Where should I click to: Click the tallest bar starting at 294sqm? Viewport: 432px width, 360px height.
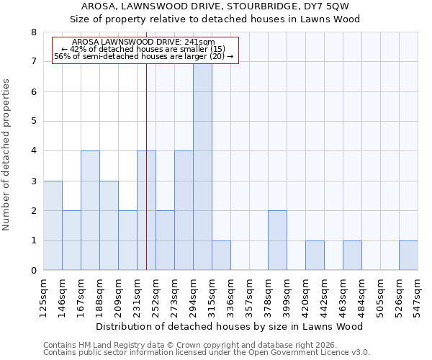[x=202, y=166]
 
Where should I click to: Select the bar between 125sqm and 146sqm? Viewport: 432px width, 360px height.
[x=53, y=225]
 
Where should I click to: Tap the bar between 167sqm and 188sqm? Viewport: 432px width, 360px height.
[x=90, y=210]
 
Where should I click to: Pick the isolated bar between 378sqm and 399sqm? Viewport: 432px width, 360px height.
[x=277, y=240]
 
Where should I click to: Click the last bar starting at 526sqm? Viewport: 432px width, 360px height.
[x=408, y=256]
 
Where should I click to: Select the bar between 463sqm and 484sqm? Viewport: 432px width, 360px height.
[x=352, y=256]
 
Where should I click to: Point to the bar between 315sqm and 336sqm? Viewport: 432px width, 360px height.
[x=221, y=256]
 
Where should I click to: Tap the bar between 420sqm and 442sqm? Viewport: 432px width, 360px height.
[x=315, y=256]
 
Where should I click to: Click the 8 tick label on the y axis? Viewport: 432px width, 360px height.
[x=33, y=32]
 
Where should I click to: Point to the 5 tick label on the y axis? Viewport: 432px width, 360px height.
[x=33, y=122]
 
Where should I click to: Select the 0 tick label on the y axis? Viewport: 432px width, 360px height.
[x=33, y=271]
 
